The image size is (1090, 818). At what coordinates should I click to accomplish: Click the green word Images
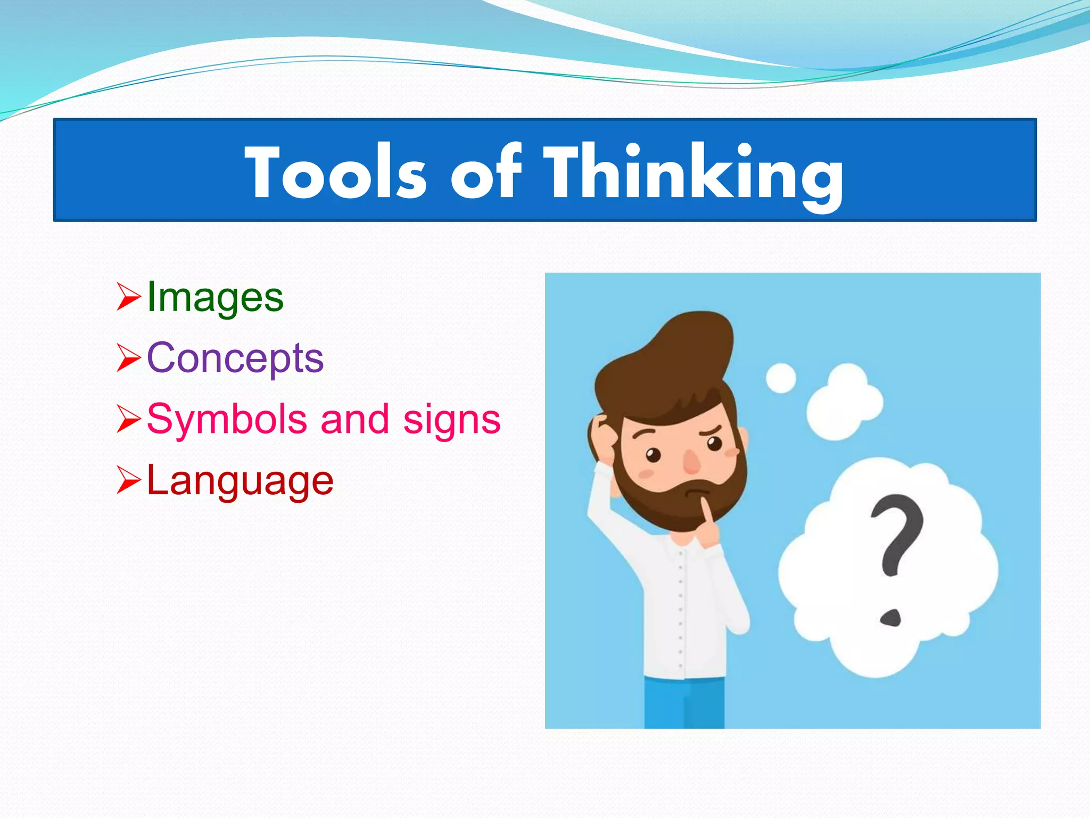click(x=215, y=297)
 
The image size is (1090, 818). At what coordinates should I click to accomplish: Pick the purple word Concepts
click(x=235, y=358)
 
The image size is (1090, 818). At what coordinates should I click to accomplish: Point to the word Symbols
click(x=227, y=420)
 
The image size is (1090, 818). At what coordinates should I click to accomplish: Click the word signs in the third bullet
click(x=451, y=420)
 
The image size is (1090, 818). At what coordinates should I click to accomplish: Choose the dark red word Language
click(x=240, y=481)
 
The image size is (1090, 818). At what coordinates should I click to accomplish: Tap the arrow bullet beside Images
click(x=128, y=297)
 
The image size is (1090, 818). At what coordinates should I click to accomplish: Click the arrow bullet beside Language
click(x=128, y=480)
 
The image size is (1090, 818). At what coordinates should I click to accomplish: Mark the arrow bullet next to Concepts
click(x=128, y=358)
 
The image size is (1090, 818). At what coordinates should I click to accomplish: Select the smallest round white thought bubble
click(x=781, y=378)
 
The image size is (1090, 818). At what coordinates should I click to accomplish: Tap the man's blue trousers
click(x=684, y=703)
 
